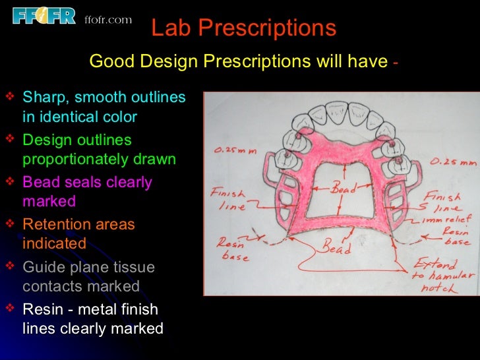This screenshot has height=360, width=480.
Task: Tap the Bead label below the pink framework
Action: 336,248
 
